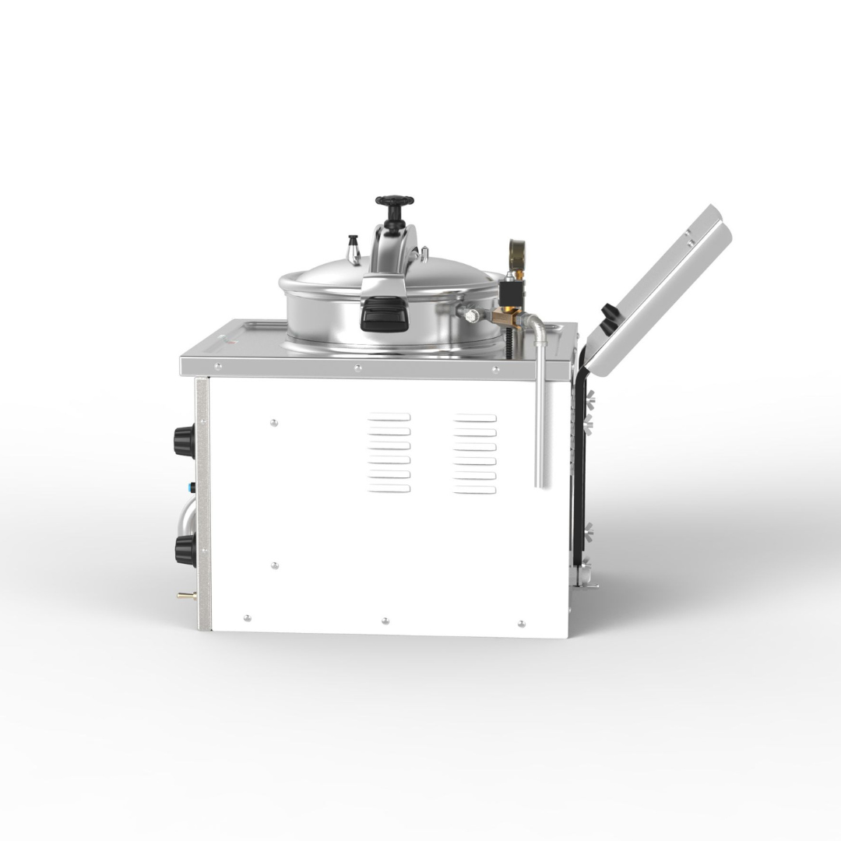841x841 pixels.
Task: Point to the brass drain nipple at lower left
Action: pyautogui.click(x=185, y=596)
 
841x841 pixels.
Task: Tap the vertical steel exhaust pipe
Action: pyautogui.click(x=539, y=420)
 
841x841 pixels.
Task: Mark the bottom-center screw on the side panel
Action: pyautogui.click(x=385, y=621)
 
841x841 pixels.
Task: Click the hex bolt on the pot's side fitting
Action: pyautogui.click(x=471, y=315)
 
